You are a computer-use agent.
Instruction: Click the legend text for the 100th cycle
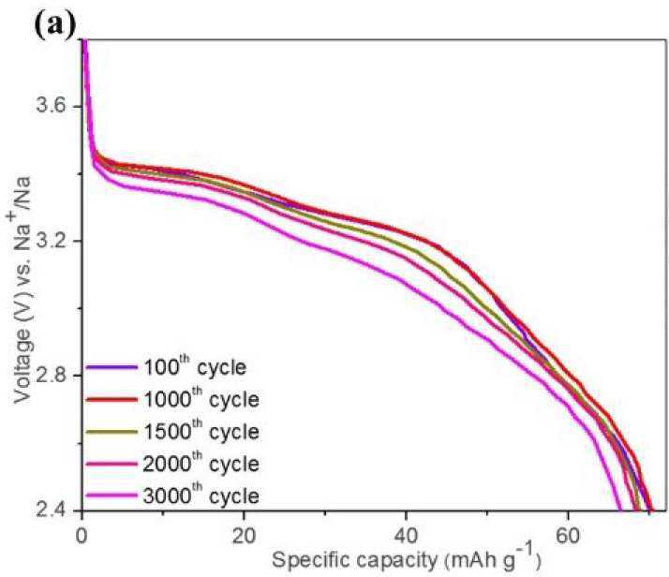tap(195, 367)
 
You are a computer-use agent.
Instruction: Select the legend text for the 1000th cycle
tap(201, 399)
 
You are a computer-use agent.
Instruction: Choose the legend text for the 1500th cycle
tap(201, 431)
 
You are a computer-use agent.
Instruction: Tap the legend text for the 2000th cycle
tap(201, 463)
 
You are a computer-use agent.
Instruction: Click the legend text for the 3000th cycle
tap(201, 496)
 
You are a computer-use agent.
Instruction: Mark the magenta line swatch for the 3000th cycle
tap(111, 496)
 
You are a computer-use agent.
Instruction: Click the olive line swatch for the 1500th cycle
tap(111, 432)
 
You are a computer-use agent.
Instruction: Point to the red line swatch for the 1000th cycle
tap(111, 400)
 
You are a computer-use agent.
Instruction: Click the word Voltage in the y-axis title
tap(22, 366)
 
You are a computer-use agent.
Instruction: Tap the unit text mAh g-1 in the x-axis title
tap(493, 559)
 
